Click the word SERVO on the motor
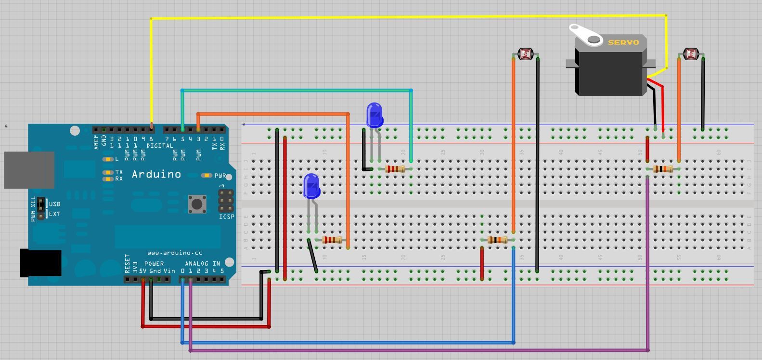coord(623,42)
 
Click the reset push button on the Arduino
coord(197,204)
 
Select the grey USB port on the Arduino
coord(29,170)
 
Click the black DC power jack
coord(40,263)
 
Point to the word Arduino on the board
coord(156,174)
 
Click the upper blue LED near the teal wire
coord(375,115)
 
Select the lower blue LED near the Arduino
coord(311,186)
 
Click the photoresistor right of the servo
coord(691,54)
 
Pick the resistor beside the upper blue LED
coord(395,169)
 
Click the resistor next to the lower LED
coord(332,240)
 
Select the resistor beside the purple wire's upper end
coord(663,169)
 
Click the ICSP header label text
coord(227,217)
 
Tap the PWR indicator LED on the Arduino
coord(207,176)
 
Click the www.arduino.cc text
coord(175,253)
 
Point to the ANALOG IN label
coord(202,263)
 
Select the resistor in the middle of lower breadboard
coord(497,240)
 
